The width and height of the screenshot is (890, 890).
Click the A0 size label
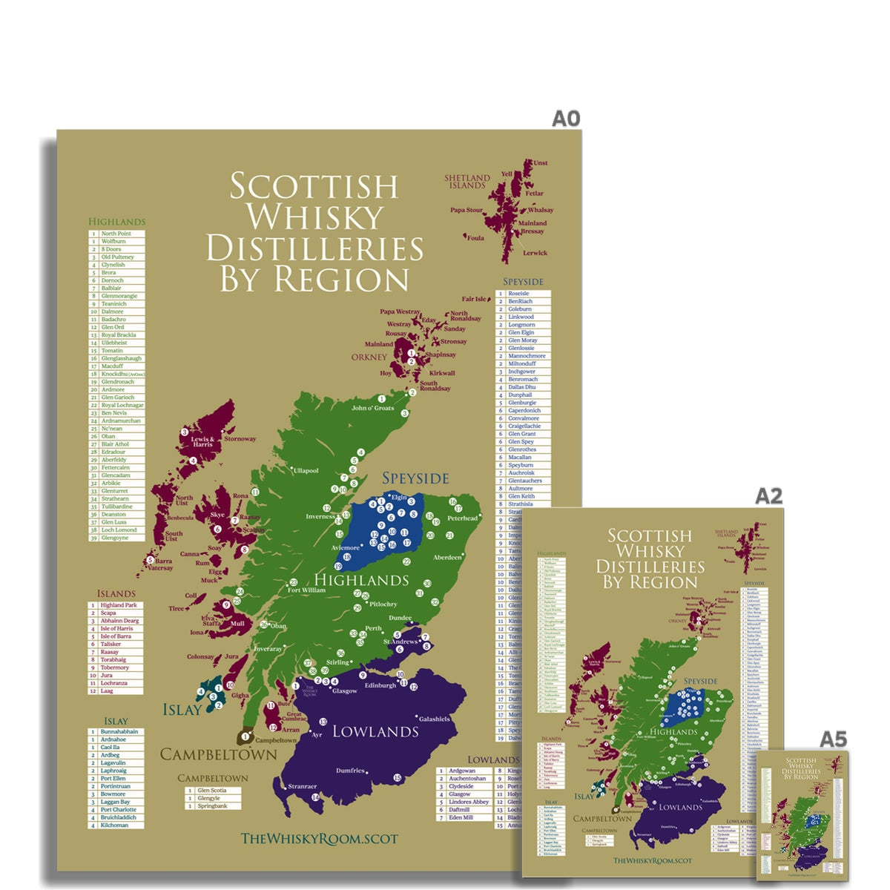click(565, 119)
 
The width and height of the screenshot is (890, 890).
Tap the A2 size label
click(769, 495)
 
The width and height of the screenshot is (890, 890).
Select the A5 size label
click(833, 739)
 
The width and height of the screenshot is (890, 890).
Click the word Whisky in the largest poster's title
click(315, 217)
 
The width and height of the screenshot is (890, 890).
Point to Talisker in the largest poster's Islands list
click(111, 645)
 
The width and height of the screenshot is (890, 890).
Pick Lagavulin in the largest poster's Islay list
click(113, 762)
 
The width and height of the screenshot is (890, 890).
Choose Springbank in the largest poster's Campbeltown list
click(211, 805)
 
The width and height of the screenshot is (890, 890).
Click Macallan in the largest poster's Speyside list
click(520, 458)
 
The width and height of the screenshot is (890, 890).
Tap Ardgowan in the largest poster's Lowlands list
click(462, 771)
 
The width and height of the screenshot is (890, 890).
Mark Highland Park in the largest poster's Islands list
click(119, 605)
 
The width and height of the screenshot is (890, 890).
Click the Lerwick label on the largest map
click(535, 253)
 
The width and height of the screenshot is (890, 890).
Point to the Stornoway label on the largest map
click(240, 439)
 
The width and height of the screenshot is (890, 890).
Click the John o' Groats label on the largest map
click(373, 408)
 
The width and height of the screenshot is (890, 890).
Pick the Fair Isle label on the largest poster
click(475, 300)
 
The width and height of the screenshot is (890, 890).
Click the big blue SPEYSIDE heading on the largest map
click(415, 478)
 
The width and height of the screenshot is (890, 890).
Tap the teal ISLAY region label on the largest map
click(182, 710)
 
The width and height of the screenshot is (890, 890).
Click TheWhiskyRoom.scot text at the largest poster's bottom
click(319, 839)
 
